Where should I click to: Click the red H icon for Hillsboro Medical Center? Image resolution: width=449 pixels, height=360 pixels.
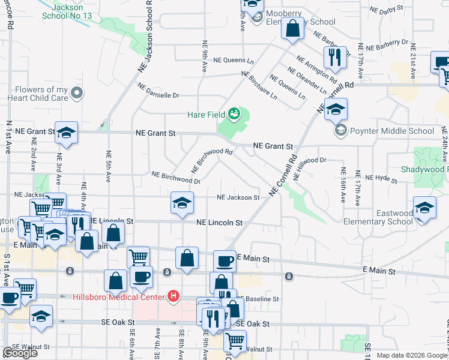pyautogui.click(x=173, y=296)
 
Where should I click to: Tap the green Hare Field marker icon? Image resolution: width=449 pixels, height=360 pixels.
pyautogui.click(x=235, y=113)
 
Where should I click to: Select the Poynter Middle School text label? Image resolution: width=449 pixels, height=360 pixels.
pyautogui.click(x=392, y=131)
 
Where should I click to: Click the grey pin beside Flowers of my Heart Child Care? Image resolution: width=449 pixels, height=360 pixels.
pyautogui.click(x=76, y=93)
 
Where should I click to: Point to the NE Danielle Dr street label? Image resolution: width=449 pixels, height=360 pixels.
pyautogui.click(x=158, y=90)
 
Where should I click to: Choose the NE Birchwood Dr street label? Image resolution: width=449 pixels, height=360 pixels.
pyautogui.click(x=176, y=176)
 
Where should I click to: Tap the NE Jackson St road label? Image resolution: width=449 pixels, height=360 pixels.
pyautogui.click(x=238, y=197)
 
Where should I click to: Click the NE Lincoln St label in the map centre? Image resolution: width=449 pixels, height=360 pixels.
pyautogui.click(x=220, y=223)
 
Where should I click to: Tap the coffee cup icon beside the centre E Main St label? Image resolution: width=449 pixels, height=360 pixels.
pyautogui.click(x=224, y=260)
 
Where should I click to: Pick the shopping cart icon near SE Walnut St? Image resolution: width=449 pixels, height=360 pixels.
pyautogui.click(x=234, y=341)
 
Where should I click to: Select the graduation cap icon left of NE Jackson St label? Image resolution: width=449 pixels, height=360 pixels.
pyautogui.click(x=182, y=202)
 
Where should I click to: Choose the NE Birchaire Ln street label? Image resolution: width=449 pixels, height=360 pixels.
pyautogui.click(x=259, y=85)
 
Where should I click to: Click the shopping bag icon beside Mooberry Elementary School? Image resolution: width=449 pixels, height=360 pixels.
pyautogui.click(x=292, y=29)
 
